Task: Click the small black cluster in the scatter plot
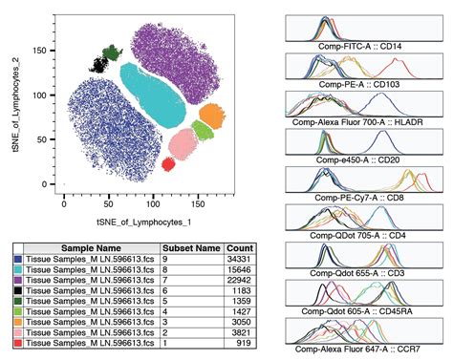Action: click(x=97, y=65)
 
